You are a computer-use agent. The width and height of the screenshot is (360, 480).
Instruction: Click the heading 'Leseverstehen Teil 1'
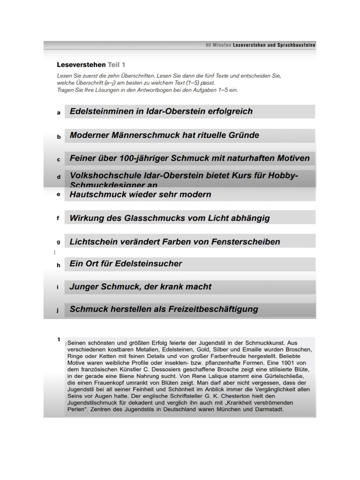[x=91, y=65]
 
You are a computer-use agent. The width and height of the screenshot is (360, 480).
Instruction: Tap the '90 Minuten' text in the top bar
[x=218, y=45]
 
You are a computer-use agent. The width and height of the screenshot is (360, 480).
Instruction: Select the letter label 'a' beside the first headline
[x=59, y=113]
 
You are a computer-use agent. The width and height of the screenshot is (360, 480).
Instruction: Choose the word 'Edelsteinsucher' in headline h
[x=149, y=264]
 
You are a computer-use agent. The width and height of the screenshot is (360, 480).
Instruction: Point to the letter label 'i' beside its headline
[x=58, y=287]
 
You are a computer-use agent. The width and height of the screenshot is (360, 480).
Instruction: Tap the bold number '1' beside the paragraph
[x=59, y=339]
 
